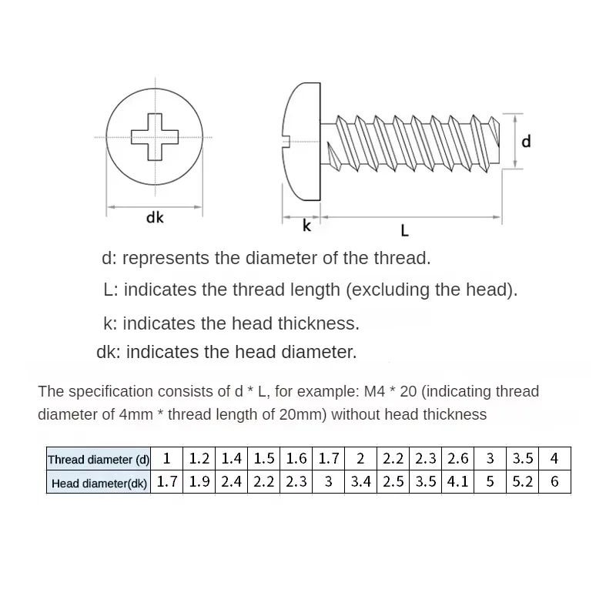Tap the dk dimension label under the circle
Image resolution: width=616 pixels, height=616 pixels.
[155, 218]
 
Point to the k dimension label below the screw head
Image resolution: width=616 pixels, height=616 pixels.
[306, 226]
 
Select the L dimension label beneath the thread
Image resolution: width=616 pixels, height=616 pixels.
[405, 229]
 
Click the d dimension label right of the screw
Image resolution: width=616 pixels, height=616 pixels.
[527, 142]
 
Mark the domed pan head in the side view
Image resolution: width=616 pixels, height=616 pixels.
[303, 138]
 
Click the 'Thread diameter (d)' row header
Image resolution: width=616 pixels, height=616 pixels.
[99, 460]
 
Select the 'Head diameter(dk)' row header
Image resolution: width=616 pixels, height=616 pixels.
[99, 484]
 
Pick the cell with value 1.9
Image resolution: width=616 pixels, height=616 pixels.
[199, 483]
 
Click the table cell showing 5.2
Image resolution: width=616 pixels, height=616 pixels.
[523, 483]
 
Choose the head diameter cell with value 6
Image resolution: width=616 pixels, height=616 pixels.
[554, 483]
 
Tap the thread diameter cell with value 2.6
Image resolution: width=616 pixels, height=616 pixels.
[458, 459]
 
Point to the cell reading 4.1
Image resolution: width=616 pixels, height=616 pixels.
[458, 483]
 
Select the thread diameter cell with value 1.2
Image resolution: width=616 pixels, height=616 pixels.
[199, 459]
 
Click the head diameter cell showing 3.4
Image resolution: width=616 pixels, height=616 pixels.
[361, 483]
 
